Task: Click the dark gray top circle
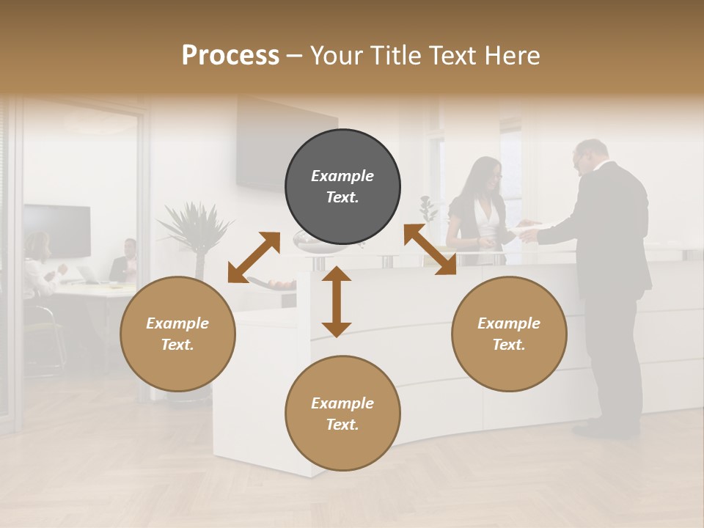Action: point(342,187)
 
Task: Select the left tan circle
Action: point(177,334)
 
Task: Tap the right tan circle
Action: point(509,334)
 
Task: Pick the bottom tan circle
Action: point(342,414)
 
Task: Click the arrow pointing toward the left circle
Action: point(254,257)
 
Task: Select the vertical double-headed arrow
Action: point(337,301)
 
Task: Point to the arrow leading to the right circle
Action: point(430,249)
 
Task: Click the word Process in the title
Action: point(230,55)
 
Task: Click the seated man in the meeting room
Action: point(126,261)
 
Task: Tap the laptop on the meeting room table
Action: point(89,274)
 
